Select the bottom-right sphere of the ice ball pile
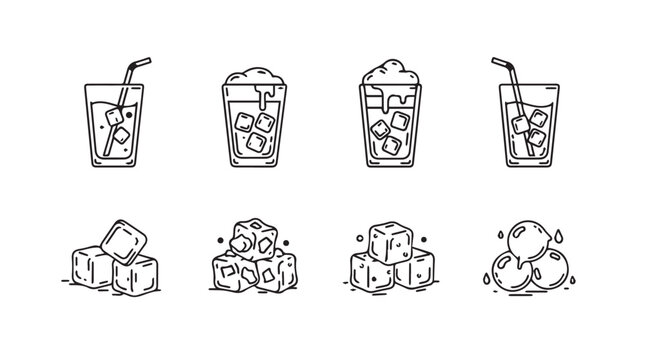[x=547, y=276]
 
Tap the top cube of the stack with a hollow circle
[x=388, y=243]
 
